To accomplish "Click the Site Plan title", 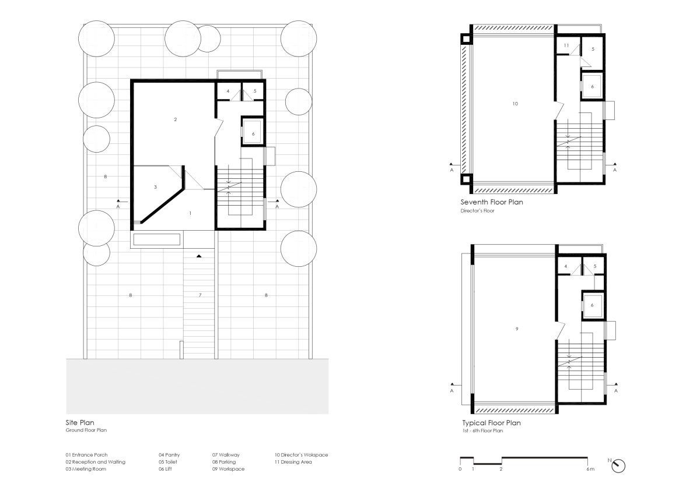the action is [x=80, y=422].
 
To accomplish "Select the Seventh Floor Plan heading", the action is [x=492, y=202].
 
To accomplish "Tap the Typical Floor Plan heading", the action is [x=492, y=423].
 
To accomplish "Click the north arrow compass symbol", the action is [x=618, y=466].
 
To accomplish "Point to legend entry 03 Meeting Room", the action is [x=86, y=469].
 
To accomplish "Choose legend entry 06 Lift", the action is [x=165, y=469].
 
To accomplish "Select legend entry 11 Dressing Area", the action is [x=293, y=462].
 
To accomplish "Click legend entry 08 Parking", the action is [x=224, y=462].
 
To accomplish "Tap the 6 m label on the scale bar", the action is [x=590, y=469].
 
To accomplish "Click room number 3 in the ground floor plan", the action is [x=155, y=187].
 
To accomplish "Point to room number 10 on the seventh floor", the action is [x=515, y=104].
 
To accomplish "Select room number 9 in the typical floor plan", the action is [x=517, y=329].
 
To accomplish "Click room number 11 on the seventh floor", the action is [x=566, y=45].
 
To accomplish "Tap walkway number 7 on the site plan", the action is [x=200, y=295].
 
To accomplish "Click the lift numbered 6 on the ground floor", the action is [x=253, y=134].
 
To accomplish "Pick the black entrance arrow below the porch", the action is [x=199, y=256].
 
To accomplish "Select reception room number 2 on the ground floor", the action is [x=176, y=119].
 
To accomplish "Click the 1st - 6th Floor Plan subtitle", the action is [x=482, y=431].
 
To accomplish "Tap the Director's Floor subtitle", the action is [x=477, y=211].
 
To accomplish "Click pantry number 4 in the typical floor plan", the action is [x=566, y=266].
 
